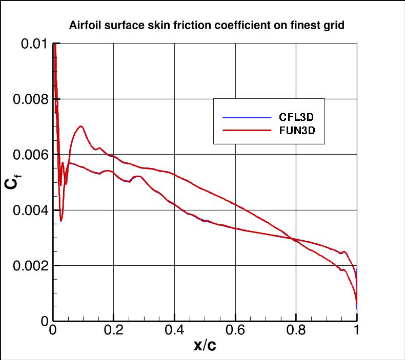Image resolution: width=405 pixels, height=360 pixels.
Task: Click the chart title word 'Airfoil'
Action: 84,25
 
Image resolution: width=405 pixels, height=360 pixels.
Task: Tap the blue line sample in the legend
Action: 247,117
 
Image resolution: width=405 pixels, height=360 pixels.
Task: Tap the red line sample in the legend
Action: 247,131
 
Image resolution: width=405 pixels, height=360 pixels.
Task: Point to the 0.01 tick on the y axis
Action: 34,44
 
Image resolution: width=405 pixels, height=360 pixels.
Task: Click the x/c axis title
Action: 205,346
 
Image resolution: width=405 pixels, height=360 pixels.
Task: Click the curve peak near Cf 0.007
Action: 80,126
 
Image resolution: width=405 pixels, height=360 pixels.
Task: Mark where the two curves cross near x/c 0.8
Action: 294,239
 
